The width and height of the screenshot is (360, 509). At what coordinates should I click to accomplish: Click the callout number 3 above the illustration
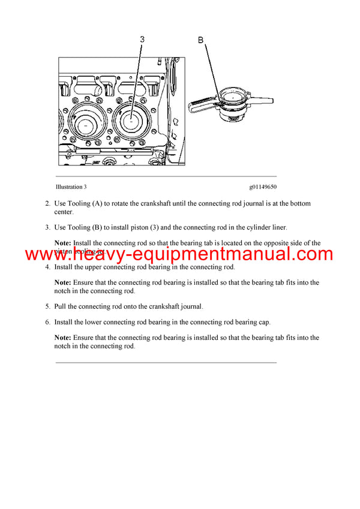point(142,40)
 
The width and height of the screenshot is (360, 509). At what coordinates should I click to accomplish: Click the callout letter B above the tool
point(201,40)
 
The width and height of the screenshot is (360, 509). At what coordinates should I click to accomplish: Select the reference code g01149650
point(263,187)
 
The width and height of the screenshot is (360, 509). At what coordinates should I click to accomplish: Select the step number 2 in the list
point(47,204)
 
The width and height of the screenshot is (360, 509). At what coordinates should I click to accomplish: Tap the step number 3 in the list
point(47,227)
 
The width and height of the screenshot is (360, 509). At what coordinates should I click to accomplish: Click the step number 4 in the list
point(47,267)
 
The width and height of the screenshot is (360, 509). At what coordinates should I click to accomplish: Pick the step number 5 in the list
point(47,306)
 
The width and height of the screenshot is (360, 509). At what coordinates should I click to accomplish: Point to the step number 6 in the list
point(47,322)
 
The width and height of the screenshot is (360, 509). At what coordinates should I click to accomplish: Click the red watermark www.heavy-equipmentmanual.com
point(179,254)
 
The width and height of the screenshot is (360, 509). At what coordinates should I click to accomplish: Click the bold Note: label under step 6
point(63,338)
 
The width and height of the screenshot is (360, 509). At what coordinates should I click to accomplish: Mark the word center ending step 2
point(64,212)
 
